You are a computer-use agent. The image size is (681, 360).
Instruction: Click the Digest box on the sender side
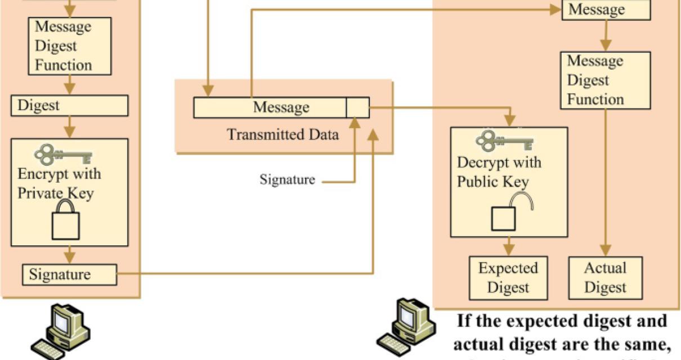pos(69,106)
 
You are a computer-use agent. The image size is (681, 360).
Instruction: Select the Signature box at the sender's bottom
pos(69,274)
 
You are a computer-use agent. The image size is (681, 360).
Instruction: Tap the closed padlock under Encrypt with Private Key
pos(65,222)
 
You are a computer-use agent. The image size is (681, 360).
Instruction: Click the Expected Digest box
pos(508,277)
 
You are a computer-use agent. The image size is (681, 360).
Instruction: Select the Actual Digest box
pos(605,277)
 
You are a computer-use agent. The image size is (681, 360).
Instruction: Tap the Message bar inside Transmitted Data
pos(270,107)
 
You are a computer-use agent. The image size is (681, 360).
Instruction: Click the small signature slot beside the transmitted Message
pos(357,107)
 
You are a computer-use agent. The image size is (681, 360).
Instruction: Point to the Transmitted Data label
pos(283,135)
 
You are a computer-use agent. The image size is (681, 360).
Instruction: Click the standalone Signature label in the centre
pos(286,180)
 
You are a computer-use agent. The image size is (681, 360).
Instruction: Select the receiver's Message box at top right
pos(606,10)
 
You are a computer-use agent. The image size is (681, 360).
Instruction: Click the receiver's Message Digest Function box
pos(605,80)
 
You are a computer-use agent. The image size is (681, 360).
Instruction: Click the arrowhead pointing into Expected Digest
pos(509,251)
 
